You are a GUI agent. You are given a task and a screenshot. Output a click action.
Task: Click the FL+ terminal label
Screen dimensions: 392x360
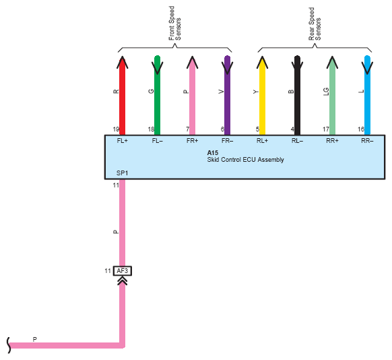pos(123,141)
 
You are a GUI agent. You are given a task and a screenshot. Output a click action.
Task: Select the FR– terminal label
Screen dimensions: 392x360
pos(227,141)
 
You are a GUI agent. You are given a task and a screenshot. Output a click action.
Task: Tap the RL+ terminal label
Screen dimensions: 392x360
pos(262,141)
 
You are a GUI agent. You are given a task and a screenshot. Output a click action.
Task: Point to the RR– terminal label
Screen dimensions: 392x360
pos(367,141)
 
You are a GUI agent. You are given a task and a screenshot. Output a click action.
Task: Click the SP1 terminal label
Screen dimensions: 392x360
pos(123,173)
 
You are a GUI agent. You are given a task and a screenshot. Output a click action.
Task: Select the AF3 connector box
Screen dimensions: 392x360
pos(123,271)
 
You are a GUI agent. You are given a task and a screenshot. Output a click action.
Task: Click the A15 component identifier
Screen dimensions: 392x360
pos(213,152)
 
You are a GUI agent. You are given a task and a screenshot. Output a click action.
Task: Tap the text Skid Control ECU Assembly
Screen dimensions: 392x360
pos(245,160)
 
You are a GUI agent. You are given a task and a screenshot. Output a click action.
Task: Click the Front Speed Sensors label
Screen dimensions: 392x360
pos(174,24)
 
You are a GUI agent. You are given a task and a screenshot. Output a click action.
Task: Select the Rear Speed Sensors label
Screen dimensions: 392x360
pos(315,24)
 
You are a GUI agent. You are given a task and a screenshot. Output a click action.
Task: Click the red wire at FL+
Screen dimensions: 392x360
pos(123,96)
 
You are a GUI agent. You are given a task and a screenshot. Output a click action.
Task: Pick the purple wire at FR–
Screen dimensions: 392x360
pos(227,96)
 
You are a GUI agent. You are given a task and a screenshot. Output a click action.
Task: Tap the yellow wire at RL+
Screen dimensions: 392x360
pos(262,96)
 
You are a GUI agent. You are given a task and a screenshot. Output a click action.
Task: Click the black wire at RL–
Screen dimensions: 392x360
pos(297,96)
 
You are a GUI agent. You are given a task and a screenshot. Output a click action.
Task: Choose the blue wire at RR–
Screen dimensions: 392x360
pos(367,96)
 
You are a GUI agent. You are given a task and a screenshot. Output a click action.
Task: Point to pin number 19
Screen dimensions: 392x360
pos(116,129)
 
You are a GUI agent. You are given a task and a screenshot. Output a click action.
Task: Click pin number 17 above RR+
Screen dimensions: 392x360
pos(326,129)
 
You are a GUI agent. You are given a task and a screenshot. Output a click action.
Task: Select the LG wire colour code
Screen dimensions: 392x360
pos(326,92)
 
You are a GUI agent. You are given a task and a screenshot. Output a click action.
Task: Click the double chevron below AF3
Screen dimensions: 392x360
pos(123,281)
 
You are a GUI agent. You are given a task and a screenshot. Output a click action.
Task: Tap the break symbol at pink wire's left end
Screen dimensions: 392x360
pos(9,345)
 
